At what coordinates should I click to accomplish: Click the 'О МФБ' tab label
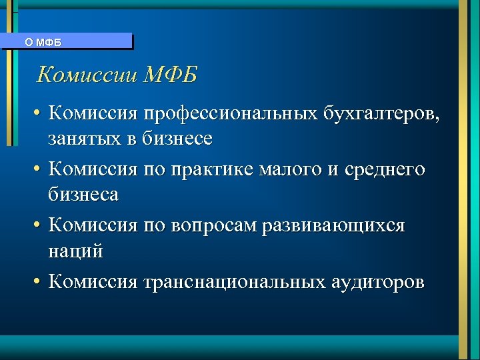point(43,42)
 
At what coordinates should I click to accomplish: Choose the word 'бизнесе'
point(179,139)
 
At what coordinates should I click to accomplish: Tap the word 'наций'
point(75,251)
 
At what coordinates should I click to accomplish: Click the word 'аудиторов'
point(377,282)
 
